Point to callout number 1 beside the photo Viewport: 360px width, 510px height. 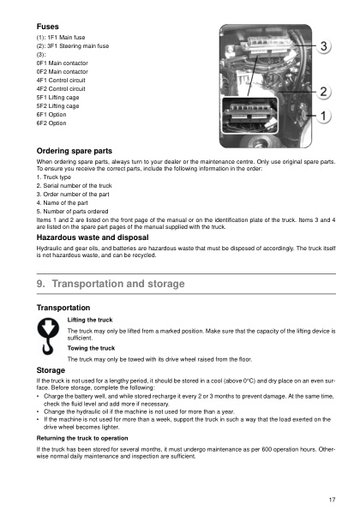[x=325, y=114]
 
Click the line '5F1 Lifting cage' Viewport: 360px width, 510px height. [x=57, y=98]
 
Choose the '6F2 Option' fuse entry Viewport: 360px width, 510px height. [x=51, y=123]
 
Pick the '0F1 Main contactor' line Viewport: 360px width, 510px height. [x=62, y=63]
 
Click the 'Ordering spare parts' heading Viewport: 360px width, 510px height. [x=74, y=151]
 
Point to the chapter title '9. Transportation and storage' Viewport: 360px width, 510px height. [x=107, y=284]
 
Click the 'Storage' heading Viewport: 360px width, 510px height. [x=51, y=369]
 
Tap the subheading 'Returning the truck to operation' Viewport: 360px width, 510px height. [x=93, y=438]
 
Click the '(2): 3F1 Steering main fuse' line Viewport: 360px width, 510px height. [x=72, y=46]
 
